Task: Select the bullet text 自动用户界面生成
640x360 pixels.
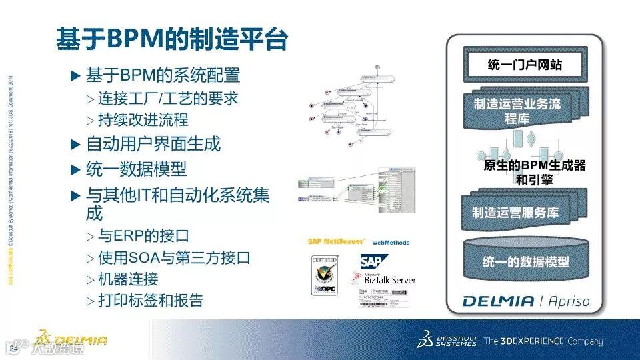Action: [153, 144]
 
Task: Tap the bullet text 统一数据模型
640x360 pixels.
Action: [136, 169]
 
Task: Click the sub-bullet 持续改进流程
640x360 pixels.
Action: [143, 120]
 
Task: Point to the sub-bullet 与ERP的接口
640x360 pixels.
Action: [143, 236]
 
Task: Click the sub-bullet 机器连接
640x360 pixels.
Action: [128, 279]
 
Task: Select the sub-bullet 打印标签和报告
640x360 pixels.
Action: [151, 300]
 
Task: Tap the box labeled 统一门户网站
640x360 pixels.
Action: [525, 65]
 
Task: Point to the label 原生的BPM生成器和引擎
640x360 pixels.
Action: [534, 172]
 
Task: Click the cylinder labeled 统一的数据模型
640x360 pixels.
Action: [525, 261]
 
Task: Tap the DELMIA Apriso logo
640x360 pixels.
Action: [526, 301]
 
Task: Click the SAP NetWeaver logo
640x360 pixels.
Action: [335, 241]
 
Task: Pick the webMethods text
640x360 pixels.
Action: [391, 243]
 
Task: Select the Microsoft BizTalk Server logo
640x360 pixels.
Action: [389, 279]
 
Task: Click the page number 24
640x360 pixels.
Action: [13, 349]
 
